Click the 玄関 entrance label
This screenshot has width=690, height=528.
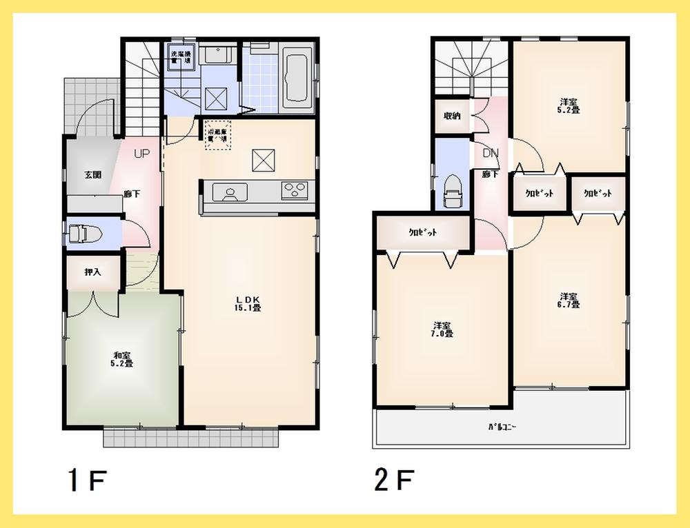pos(93,174)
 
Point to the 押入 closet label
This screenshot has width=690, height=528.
pos(92,272)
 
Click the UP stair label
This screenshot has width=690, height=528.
pos(141,154)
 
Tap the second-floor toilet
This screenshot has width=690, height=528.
pos(453,190)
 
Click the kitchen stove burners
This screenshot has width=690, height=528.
pos(295,190)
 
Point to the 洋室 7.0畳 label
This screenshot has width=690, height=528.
pos(443,329)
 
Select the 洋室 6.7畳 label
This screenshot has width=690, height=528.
pos(569,299)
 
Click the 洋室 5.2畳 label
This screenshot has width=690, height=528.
pos(569,105)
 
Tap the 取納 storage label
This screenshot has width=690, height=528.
pos(452,116)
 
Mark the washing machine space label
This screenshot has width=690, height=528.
pos(181,57)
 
